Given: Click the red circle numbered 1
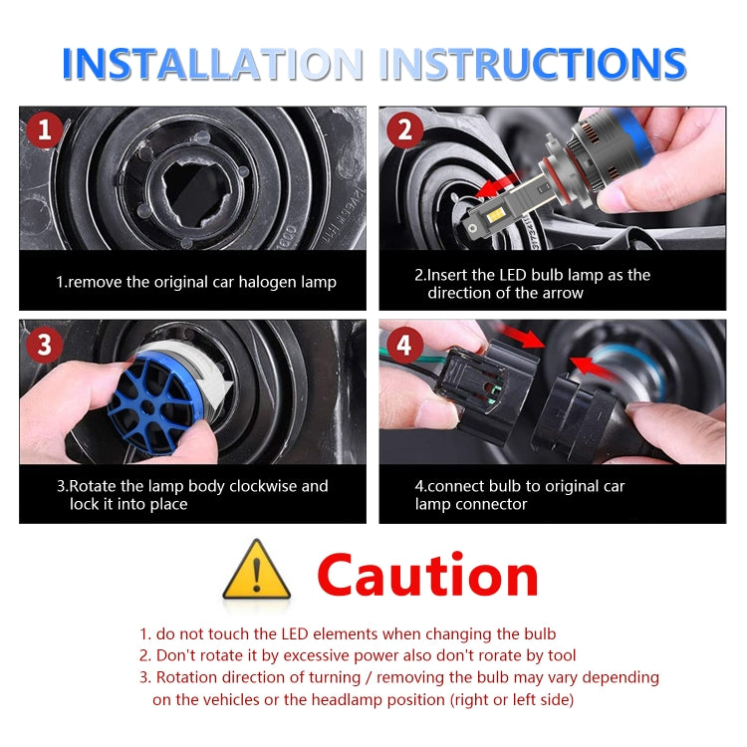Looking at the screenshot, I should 44,130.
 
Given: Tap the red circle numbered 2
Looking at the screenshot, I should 403,130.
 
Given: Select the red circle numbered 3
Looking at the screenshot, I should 44,344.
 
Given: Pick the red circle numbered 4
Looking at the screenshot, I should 403,346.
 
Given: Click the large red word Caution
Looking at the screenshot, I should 427,576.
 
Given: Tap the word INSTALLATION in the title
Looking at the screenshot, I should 210,64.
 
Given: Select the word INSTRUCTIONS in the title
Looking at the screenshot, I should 533,64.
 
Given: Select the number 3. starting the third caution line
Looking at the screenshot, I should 145,677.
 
